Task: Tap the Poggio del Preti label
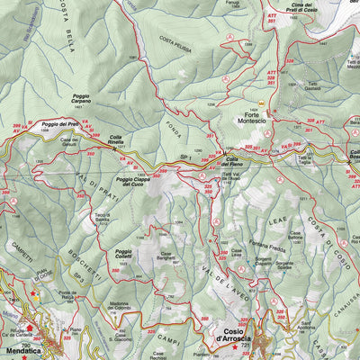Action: click(x=60, y=123)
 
